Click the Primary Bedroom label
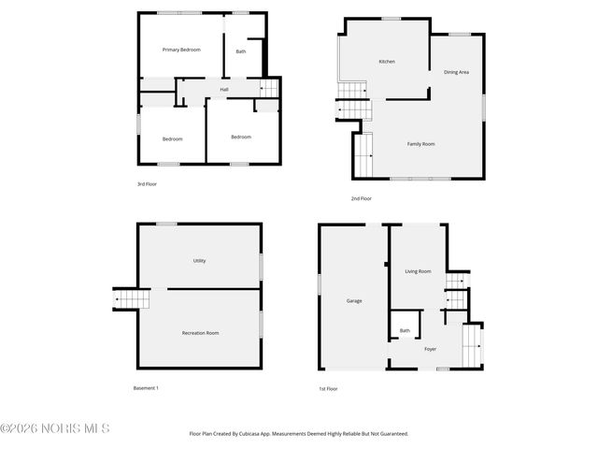click(181, 50)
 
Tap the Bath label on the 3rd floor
click(241, 51)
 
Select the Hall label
click(224, 90)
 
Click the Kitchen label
click(387, 62)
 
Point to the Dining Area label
click(456, 72)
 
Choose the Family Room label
click(420, 144)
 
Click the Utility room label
click(199, 261)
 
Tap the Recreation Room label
click(200, 333)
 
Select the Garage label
click(354, 300)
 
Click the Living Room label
click(418, 271)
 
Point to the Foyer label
click(430, 349)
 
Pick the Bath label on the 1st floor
click(405, 330)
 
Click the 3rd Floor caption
click(147, 184)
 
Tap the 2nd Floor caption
click(362, 198)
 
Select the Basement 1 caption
click(146, 387)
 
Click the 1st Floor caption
click(328, 388)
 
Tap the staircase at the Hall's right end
click(268, 88)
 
